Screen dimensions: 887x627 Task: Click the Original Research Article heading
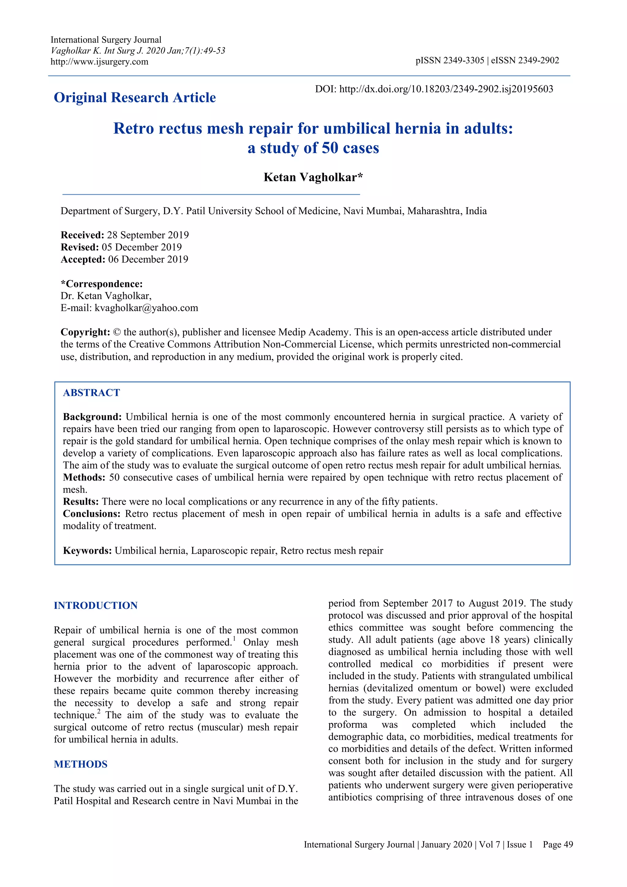[x=135, y=97]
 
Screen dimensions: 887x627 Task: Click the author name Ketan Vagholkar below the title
[x=313, y=177]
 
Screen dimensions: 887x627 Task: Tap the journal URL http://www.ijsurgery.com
[x=99, y=62]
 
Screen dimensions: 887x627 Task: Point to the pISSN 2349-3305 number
[x=450, y=60]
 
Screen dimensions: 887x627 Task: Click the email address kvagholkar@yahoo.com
[x=146, y=308]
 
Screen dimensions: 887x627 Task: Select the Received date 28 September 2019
[x=148, y=235]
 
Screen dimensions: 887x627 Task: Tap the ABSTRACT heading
[x=92, y=393]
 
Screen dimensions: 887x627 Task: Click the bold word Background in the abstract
[x=92, y=417]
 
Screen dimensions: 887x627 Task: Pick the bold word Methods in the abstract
[x=84, y=477]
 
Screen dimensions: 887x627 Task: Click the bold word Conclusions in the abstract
[x=92, y=514]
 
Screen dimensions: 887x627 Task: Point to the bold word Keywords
[x=87, y=550]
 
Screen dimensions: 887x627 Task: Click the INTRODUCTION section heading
[x=96, y=605]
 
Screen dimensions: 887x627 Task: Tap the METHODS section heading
[x=81, y=764]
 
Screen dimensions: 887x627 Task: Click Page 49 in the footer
[x=558, y=844]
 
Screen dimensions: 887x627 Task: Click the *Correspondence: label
[x=102, y=284]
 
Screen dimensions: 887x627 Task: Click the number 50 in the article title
[x=330, y=148]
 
